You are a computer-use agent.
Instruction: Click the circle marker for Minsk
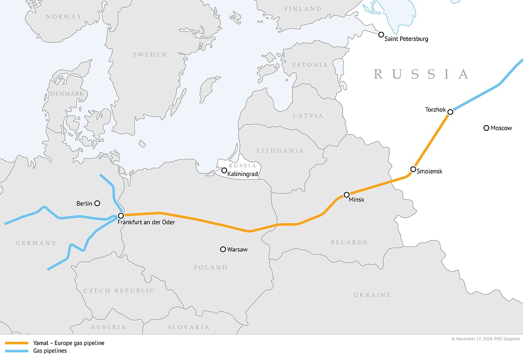pyautogui.click(x=346, y=195)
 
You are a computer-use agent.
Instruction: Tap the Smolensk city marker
pyautogui.click(x=413, y=169)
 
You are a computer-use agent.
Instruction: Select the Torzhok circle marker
pyautogui.click(x=450, y=112)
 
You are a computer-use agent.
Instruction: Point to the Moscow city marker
pyautogui.click(x=486, y=128)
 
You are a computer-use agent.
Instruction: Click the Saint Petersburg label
pyautogui.click(x=406, y=39)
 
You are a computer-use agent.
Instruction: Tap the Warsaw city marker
pyautogui.click(x=223, y=249)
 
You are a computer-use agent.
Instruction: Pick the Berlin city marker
pyautogui.click(x=97, y=203)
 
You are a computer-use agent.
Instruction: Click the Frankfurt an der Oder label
pyautogui.click(x=146, y=223)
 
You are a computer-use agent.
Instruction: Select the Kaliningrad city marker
pyautogui.click(x=224, y=170)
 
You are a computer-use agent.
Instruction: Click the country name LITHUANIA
pyautogui.click(x=280, y=151)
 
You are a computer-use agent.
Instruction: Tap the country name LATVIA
pyautogui.click(x=308, y=116)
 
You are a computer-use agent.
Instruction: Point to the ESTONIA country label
pyautogui.click(x=310, y=65)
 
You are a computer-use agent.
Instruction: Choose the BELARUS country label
pyautogui.click(x=349, y=242)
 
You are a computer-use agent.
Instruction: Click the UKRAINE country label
pyautogui.click(x=372, y=295)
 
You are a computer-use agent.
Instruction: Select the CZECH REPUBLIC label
pyautogui.click(x=119, y=291)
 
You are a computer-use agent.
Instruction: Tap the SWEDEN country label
pyautogui.click(x=149, y=55)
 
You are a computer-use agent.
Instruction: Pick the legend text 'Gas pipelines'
pyautogui.click(x=50, y=351)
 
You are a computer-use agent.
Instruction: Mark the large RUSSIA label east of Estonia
pyautogui.click(x=421, y=74)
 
